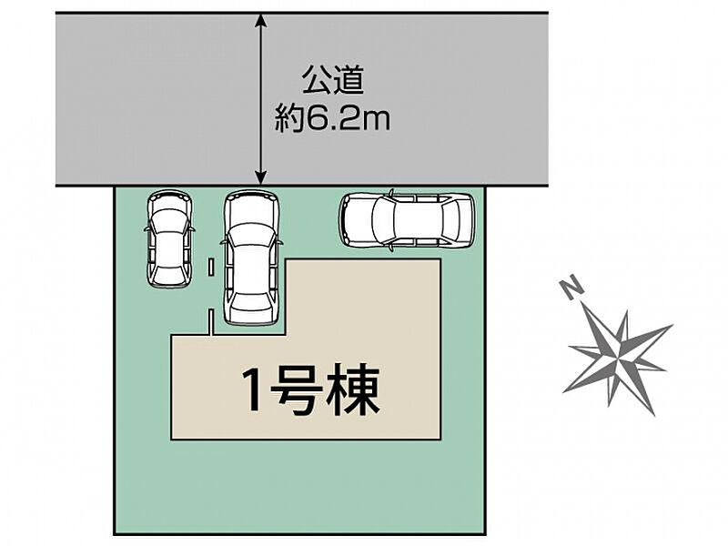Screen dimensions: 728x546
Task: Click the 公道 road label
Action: (333, 80)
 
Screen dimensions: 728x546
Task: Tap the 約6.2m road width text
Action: (332, 119)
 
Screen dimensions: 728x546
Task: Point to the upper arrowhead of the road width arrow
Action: (262, 19)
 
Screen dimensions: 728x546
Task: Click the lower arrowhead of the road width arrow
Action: (262, 178)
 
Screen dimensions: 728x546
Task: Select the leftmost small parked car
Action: (170, 239)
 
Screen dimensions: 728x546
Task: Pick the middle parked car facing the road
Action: (251, 258)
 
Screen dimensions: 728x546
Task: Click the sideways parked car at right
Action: (408, 219)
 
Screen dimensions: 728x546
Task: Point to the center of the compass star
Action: (618, 357)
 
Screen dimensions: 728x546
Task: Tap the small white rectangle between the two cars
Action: (211, 268)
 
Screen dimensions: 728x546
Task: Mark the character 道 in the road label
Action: (349, 80)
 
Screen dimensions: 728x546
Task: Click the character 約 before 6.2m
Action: (289, 119)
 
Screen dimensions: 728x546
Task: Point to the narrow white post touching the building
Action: (210, 322)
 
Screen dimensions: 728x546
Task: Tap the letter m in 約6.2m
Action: (378, 122)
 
